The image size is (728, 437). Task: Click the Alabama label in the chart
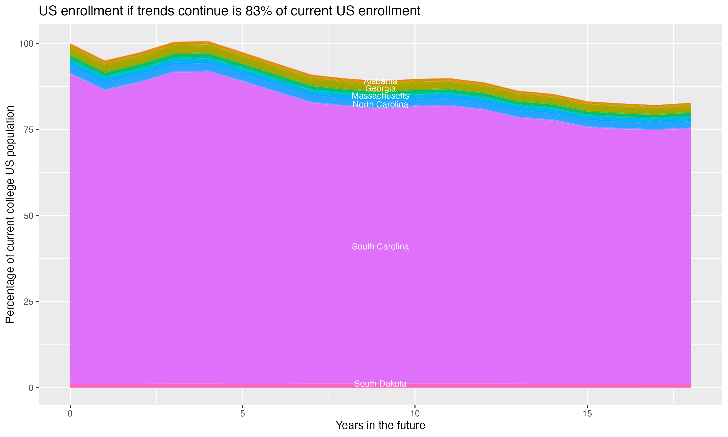[x=380, y=81]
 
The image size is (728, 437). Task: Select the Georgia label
[x=380, y=88]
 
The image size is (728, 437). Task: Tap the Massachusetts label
[x=380, y=96]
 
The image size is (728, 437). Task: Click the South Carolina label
[x=380, y=246]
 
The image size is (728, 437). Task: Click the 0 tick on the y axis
[x=30, y=388]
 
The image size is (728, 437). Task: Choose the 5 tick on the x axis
[x=242, y=414]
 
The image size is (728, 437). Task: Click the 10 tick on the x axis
[x=415, y=414]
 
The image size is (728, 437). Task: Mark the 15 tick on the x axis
[x=587, y=414]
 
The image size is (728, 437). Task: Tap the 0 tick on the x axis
[x=70, y=414]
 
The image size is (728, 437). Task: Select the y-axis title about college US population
[x=10, y=214]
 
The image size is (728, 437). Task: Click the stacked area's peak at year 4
[x=208, y=42]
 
